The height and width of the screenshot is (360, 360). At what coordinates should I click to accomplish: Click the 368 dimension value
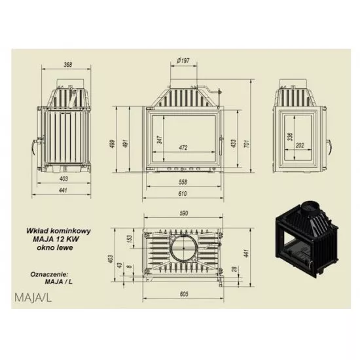[67, 65]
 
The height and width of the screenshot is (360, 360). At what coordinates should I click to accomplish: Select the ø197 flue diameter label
[183, 61]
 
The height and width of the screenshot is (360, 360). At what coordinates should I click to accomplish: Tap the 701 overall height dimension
[247, 143]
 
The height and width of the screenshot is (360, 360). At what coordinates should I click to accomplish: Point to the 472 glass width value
[183, 148]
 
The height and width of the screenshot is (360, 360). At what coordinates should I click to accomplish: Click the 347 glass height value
[160, 139]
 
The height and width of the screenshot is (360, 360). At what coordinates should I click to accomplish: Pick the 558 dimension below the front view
[183, 182]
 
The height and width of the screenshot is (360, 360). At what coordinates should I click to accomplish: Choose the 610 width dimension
[183, 194]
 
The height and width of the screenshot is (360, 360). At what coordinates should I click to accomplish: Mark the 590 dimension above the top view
[184, 213]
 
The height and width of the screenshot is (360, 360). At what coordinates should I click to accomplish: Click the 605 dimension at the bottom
[184, 294]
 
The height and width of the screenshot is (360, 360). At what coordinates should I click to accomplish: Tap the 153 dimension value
[130, 239]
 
